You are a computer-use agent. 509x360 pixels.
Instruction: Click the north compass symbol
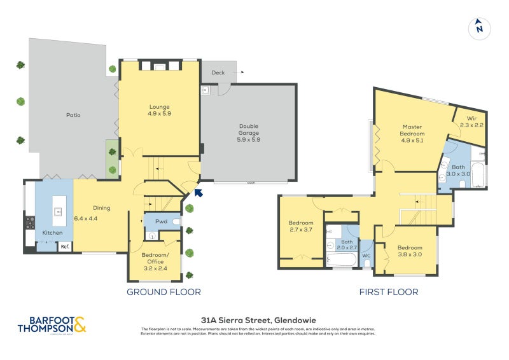click(479, 28)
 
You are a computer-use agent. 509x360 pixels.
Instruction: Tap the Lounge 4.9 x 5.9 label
click(160, 110)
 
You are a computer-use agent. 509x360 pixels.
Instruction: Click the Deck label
click(218, 73)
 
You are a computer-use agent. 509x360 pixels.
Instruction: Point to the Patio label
click(73, 115)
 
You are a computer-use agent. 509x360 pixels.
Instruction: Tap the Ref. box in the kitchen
click(65, 247)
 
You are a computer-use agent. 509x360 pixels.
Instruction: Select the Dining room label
click(102, 208)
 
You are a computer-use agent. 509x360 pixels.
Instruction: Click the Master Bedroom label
click(412, 134)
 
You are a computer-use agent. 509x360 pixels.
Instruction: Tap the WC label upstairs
click(366, 256)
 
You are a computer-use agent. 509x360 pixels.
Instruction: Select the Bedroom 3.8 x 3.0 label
click(410, 251)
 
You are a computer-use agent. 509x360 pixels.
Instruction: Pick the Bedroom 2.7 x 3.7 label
click(301, 226)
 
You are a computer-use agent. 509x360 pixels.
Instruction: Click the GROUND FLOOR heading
click(164, 292)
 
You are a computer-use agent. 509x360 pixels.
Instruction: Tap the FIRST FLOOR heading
click(389, 292)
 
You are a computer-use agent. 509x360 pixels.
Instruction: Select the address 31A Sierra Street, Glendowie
click(258, 320)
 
